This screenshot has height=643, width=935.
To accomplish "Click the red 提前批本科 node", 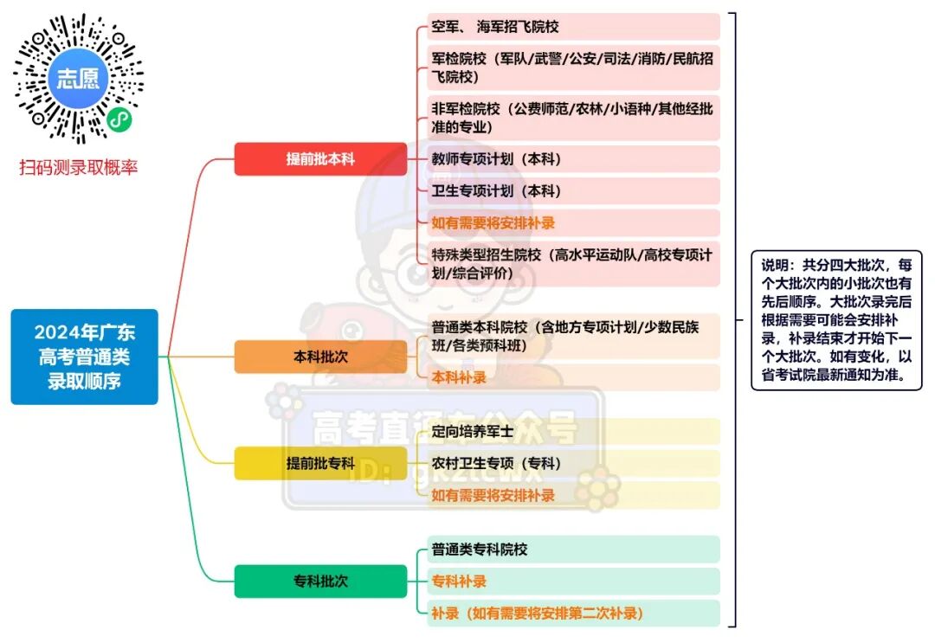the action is click(320, 159).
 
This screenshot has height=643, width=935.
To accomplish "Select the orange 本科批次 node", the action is click(320, 356).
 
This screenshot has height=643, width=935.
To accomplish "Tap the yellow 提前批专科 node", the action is click(320, 463).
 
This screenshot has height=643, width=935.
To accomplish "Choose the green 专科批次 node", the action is click(320, 582).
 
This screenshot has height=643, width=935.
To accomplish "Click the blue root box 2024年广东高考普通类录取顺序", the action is click(85, 357).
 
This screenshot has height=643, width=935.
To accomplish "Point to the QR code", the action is click(78, 79).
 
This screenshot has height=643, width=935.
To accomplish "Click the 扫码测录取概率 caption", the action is click(78, 168).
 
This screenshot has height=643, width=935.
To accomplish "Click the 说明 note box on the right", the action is click(836, 321).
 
